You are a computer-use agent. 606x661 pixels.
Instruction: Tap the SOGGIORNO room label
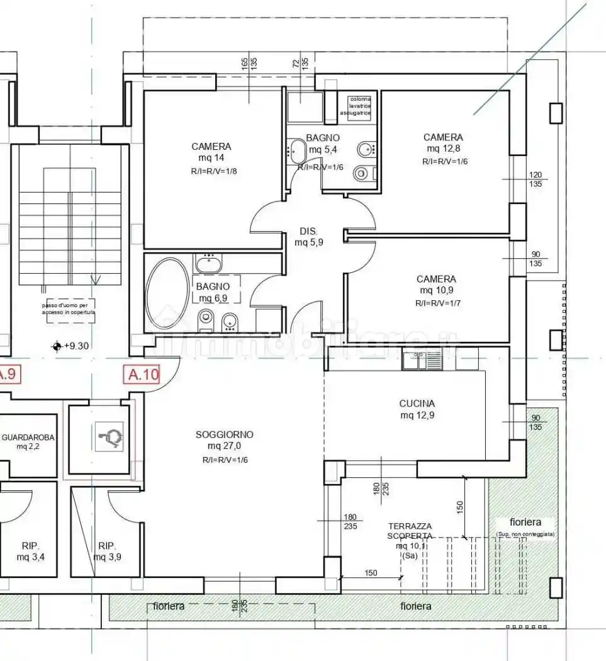pos(224,434)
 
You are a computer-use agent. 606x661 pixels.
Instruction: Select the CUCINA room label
pos(417,404)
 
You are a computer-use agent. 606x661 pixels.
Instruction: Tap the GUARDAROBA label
pos(29,436)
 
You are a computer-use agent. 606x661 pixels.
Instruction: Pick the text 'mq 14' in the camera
pos(211,158)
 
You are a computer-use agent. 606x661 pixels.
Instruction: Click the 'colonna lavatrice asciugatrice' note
pos(355,106)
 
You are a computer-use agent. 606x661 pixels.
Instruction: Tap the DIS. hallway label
pos(308,230)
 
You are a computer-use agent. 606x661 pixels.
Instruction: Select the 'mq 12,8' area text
pos(442,149)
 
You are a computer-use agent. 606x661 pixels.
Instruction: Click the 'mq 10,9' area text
pos(436,290)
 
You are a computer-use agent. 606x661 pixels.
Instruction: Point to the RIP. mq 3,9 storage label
pos(108,551)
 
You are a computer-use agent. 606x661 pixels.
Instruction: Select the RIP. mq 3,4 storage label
pos(30,551)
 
